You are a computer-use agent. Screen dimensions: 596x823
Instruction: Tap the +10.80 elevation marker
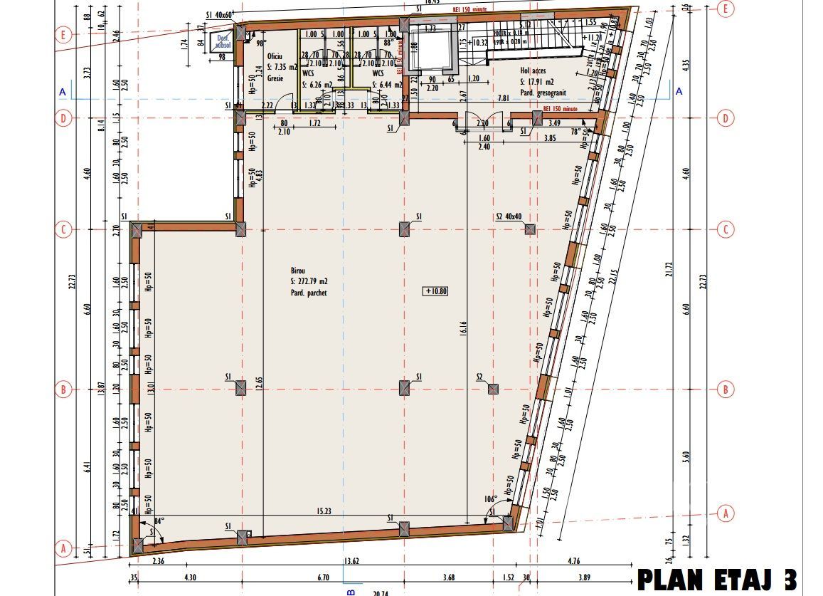[x=435, y=291]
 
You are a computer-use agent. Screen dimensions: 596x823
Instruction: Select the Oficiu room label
[x=275, y=55]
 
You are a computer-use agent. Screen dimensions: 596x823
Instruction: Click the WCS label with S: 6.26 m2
[x=309, y=73]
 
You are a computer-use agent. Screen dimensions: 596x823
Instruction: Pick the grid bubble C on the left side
[x=63, y=229]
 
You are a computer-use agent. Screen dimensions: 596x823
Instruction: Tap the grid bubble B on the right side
[x=726, y=390]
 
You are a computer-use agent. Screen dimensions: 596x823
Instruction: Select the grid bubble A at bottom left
[x=63, y=548]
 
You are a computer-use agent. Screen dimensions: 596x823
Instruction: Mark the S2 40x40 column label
[x=509, y=216]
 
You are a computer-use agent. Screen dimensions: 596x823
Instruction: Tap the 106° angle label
[x=490, y=500]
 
